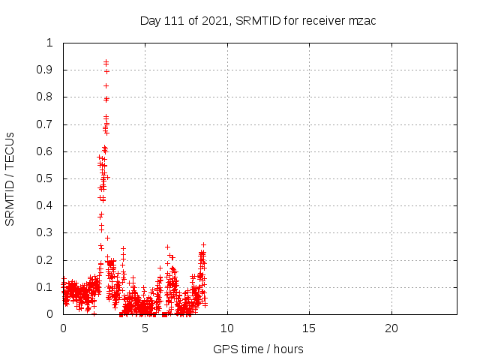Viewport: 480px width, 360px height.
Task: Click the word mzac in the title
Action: [x=362, y=20]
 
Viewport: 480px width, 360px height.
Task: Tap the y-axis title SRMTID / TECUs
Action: [x=10, y=178]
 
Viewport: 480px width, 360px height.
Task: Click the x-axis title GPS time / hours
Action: [x=258, y=349]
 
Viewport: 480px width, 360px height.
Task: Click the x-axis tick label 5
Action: [x=145, y=328]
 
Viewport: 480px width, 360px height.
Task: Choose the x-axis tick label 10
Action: [x=227, y=328]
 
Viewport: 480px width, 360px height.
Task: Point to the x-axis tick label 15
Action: [x=309, y=328]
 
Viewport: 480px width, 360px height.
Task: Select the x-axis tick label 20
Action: [x=391, y=328]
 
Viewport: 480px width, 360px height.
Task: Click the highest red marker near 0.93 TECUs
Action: [x=106, y=62]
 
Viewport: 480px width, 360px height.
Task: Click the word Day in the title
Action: [x=151, y=20]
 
